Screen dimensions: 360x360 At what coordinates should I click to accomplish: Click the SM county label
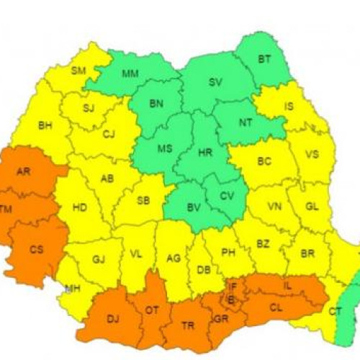(78, 70)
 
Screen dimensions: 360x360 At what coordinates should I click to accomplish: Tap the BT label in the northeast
(264, 59)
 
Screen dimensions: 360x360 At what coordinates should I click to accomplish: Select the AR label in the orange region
(23, 172)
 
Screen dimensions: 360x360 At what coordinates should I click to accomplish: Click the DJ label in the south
(113, 318)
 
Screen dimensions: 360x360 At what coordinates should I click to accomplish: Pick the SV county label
(215, 82)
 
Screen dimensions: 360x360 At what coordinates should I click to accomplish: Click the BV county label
(193, 207)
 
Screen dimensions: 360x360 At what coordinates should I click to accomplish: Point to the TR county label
(188, 325)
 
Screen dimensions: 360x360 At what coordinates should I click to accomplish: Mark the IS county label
(289, 107)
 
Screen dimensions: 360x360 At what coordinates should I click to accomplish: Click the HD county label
(79, 207)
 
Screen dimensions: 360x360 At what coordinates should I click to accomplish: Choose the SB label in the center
(143, 200)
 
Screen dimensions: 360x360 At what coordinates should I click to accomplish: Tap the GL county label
(312, 207)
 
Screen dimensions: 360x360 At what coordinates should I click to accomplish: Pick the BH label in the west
(45, 125)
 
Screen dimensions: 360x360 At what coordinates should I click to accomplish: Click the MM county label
(130, 73)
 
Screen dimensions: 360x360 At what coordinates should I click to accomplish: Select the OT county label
(153, 310)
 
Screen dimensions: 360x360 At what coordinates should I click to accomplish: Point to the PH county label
(229, 252)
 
